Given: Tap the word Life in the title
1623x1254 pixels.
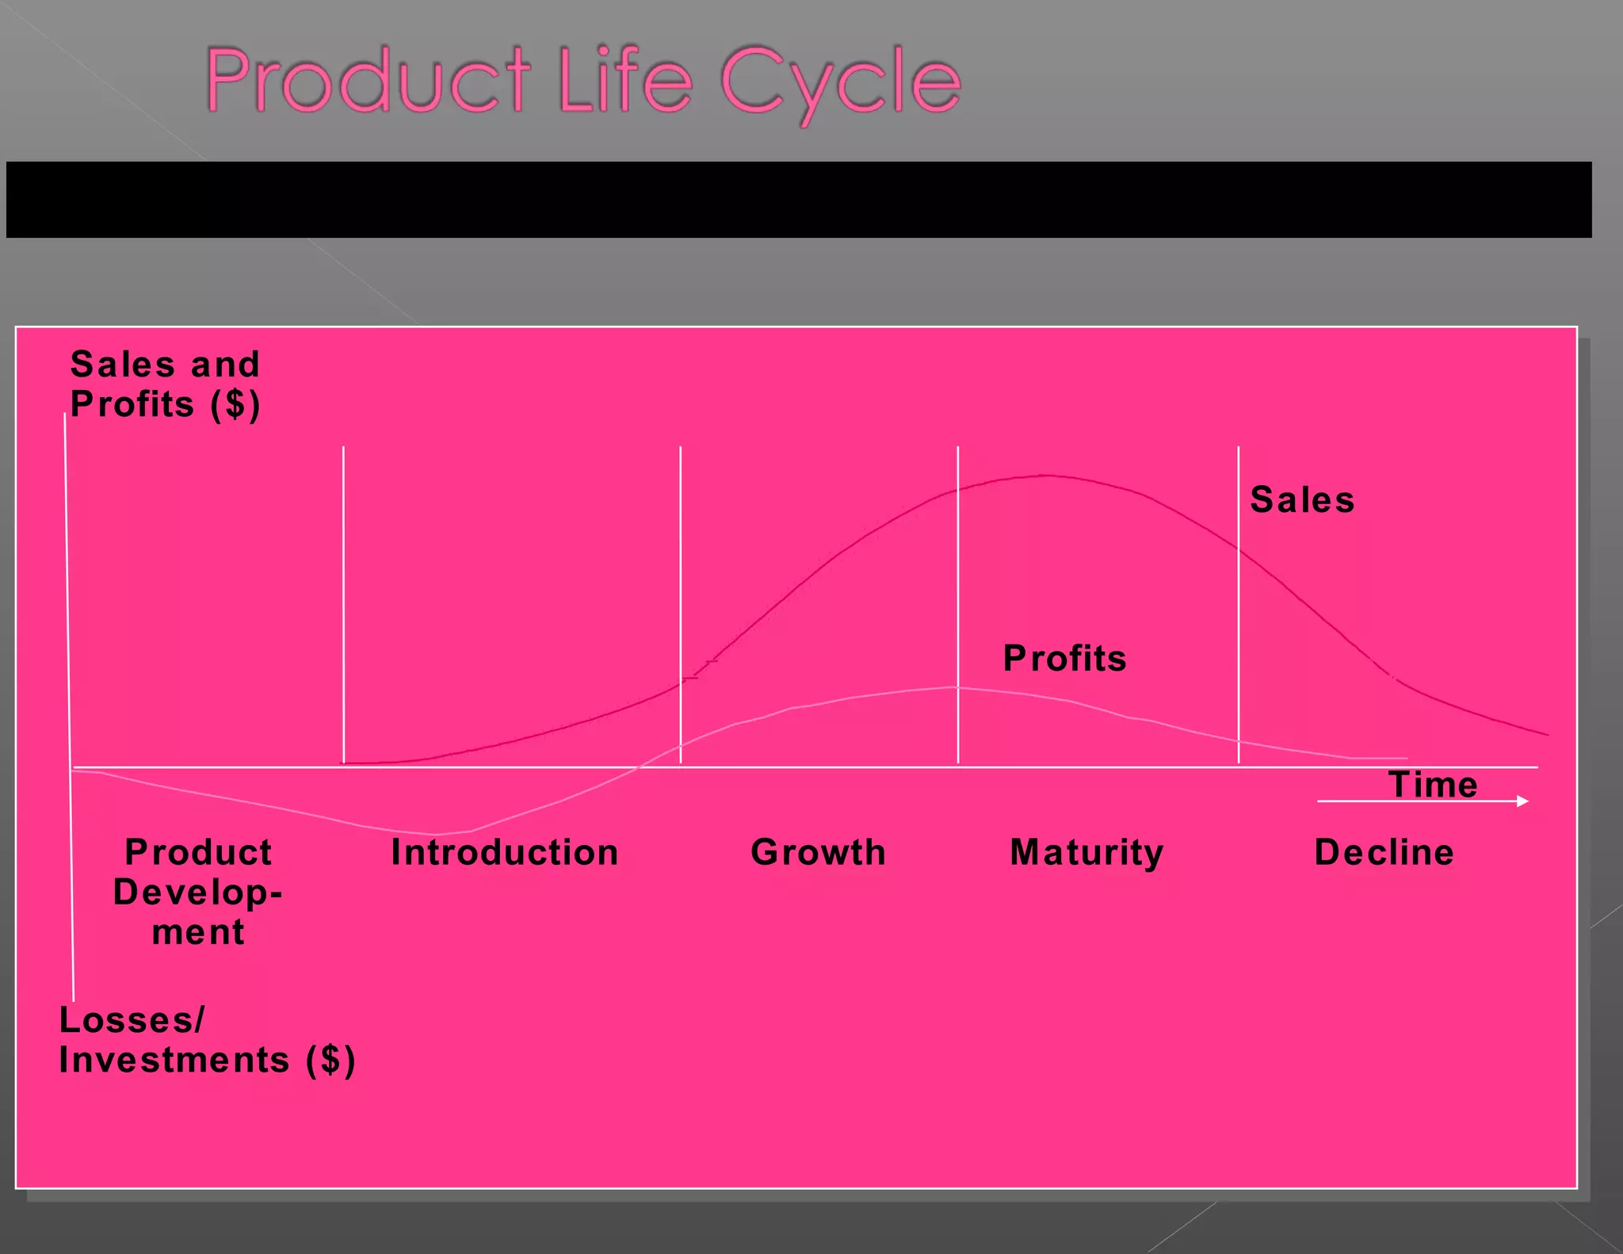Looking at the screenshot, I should [x=625, y=81].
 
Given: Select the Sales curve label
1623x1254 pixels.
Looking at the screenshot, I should [x=1302, y=500].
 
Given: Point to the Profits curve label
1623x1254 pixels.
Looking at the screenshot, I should [x=1064, y=659].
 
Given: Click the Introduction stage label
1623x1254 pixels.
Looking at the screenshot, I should [x=505, y=853].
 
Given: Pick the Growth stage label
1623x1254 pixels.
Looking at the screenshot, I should [x=818, y=853].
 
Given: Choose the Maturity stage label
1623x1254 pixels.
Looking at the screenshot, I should [x=1086, y=854].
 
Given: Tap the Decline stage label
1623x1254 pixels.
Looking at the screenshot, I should [x=1384, y=853].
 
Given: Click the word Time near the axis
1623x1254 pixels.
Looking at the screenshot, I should [x=1433, y=785].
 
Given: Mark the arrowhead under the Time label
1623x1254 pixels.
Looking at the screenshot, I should [x=1522, y=801].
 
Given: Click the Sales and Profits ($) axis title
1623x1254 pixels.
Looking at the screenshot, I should [x=165, y=384].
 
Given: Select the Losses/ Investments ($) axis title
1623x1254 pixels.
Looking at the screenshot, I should [x=206, y=1040].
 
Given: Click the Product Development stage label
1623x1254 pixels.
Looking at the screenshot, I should [x=198, y=892].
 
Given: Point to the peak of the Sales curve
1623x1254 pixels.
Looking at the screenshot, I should [x=1044, y=476].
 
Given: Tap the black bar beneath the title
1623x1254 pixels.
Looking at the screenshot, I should [x=799, y=200].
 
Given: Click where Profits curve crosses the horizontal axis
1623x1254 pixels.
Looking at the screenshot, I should [x=639, y=767].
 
